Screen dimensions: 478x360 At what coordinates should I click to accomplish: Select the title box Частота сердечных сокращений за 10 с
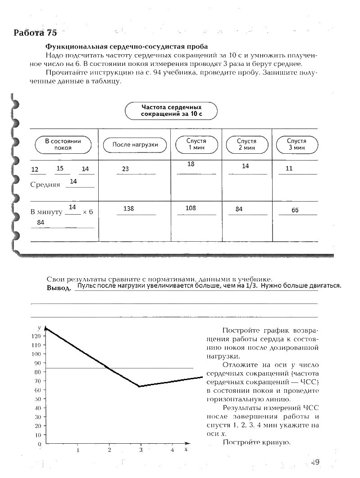click(171, 110)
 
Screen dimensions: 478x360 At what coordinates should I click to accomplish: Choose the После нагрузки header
click(135, 145)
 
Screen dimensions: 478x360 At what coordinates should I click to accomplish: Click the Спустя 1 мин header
click(196, 144)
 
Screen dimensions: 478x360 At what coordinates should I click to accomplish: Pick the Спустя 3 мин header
click(296, 144)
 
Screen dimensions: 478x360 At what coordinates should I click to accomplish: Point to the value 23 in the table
click(125, 169)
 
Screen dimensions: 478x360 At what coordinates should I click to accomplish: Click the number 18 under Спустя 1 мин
click(191, 164)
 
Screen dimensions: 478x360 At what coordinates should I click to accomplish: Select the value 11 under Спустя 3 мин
click(289, 169)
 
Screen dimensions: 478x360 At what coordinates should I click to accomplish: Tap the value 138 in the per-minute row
click(128, 209)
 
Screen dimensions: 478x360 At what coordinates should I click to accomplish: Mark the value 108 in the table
click(191, 208)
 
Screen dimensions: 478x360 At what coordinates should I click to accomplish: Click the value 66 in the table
click(295, 210)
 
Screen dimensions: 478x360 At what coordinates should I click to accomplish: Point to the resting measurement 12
click(35, 170)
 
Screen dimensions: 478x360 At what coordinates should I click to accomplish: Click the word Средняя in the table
click(45, 184)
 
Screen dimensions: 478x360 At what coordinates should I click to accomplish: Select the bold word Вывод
click(59, 288)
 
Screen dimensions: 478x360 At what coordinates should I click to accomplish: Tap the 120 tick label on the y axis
click(36, 336)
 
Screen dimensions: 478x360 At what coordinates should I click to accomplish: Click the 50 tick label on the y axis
click(38, 399)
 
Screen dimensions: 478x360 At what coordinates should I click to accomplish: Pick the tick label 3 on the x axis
click(141, 450)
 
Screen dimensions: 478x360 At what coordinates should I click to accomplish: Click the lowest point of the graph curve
click(140, 386)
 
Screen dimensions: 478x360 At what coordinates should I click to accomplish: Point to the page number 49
click(315, 462)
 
